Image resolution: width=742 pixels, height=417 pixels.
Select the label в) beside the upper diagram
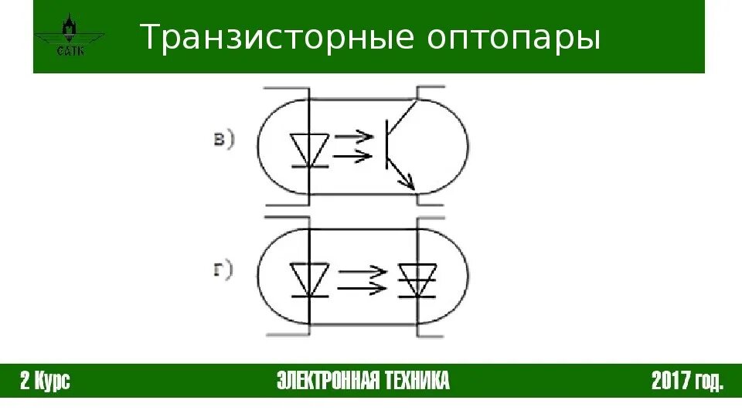point(223,139)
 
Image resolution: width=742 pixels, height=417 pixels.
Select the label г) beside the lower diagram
point(223,271)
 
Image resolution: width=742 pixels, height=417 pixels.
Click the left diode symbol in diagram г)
point(310,280)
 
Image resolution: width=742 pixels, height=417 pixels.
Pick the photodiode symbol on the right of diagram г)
point(417,280)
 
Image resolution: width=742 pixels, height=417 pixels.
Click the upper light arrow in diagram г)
point(362,272)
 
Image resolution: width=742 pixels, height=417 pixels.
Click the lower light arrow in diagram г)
point(362,287)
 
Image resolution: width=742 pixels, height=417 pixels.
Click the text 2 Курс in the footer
point(46,381)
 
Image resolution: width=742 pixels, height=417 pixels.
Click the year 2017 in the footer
point(670,381)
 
